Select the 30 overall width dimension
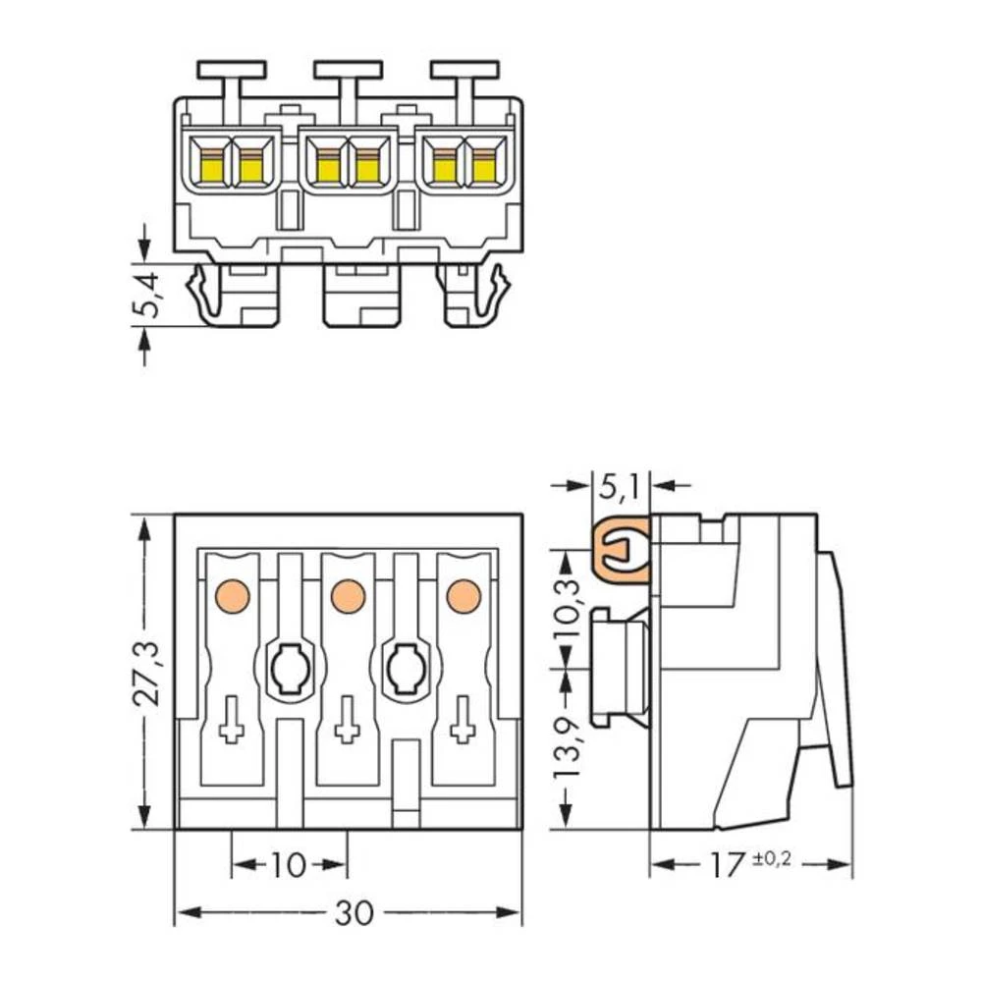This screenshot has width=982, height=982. (354, 913)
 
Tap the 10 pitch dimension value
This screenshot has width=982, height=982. (288, 865)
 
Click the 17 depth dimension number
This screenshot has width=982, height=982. (728, 865)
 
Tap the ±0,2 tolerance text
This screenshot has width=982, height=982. (771, 860)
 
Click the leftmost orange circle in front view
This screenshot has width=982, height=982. (232, 595)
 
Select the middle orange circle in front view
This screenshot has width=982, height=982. (348, 595)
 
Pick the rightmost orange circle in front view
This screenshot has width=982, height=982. (464, 595)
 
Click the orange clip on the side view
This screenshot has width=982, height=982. (622, 549)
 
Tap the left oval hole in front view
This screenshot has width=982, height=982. (289, 671)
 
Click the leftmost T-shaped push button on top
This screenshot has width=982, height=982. (232, 71)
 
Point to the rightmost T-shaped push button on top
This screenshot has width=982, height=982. (464, 71)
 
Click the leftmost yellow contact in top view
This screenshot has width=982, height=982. (212, 168)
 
